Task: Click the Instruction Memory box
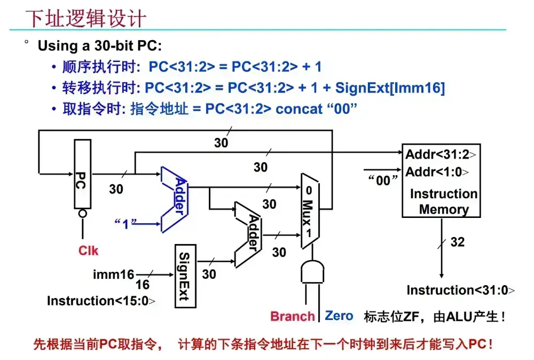pyautogui.click(x=441, y=180)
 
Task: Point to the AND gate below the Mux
pyautogui.click(x=312, y=272)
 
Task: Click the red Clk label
pyautogui.click(x=89, y=250)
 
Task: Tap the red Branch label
pyautogui.click(x=292, y=316)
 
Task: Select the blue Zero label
pyautogui.click(x=339, y=316)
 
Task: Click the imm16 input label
pyautogui.click(x=113, y=275)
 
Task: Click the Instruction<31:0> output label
pyautogui.click(x=461, y=291)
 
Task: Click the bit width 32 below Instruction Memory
pyautogui.click(x=458, y=242)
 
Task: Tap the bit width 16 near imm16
pyautogui.click(x=142, y=285)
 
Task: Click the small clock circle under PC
pyautogui.click(x=83, y=214)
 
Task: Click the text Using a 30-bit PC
pyautogui.click(x=99, y=46)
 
